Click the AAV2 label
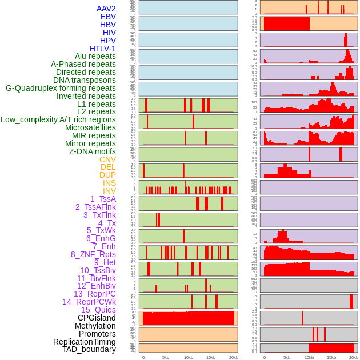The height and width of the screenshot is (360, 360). [106, 9]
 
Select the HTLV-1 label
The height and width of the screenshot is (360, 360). [103, 49]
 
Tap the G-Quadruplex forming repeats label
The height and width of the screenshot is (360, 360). [61, 88]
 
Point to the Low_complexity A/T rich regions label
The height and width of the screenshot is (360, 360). [58, 119]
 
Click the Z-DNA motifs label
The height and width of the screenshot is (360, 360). [93, 151]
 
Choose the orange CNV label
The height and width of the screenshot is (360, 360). [107, 159]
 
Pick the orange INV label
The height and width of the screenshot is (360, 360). [109, 191]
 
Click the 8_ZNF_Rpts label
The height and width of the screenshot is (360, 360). [93, 254]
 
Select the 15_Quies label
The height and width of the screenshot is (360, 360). [98, 310]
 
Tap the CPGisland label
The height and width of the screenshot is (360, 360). [97, 318]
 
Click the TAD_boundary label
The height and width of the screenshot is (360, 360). [89, 349]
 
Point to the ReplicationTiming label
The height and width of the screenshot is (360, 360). [85, 342]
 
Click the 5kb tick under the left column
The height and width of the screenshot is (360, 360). [166, 357]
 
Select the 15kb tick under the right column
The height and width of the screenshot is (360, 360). [331, 357]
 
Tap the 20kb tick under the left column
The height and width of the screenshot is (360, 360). [233, 357]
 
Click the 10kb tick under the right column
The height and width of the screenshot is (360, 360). [309, 357]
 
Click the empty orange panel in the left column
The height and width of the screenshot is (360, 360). [188, 334]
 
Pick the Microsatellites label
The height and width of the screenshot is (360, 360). [90, 127]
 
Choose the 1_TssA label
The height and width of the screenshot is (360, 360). [103, 199]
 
